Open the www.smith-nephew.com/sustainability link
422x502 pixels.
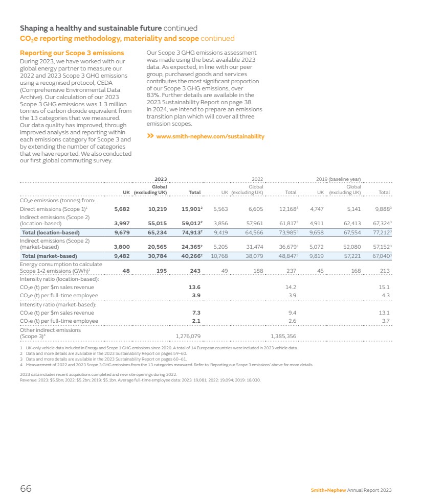point(210,136)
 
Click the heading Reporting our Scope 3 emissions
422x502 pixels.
point(71,53)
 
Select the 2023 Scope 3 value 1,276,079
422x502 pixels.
point(188,336)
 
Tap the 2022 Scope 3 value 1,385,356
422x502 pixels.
point(283,336)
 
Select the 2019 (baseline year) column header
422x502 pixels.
point(338,179)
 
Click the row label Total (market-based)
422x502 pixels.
point(50,256)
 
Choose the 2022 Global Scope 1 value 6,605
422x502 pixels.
point(254,209)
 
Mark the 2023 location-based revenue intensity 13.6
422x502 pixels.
point(194,287)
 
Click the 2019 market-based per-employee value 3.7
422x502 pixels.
point(386,321)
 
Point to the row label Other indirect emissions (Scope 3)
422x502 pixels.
point(50,333)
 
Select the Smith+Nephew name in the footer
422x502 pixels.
point(328,490)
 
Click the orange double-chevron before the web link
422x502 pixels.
point(150,136)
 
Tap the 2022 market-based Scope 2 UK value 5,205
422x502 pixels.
point(220,246)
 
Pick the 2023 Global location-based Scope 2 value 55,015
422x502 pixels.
point(157,223)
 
